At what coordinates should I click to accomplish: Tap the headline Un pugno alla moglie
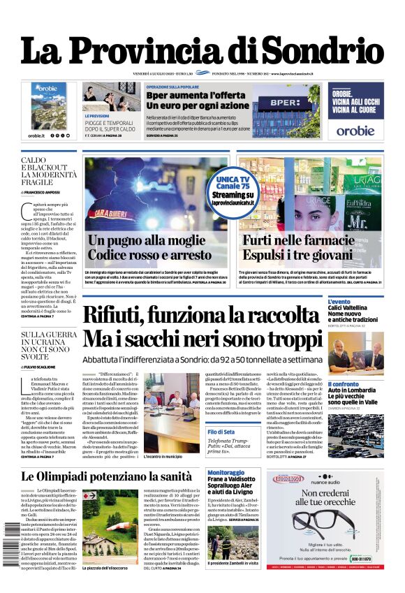(140, 240)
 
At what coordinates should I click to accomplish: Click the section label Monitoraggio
(226, 473)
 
